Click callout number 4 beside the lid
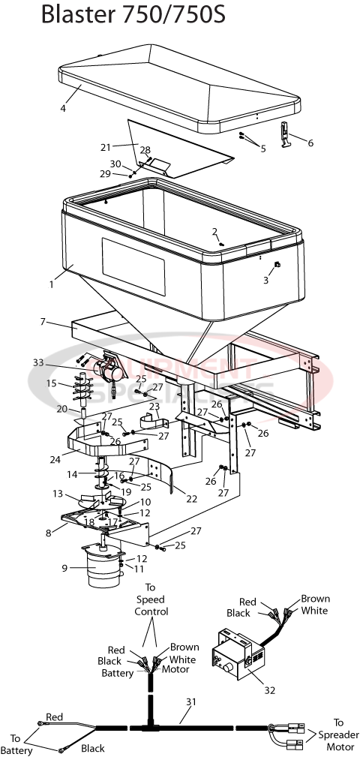pos(64,108)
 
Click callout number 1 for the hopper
pos(52,284)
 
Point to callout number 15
pos(52,383)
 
